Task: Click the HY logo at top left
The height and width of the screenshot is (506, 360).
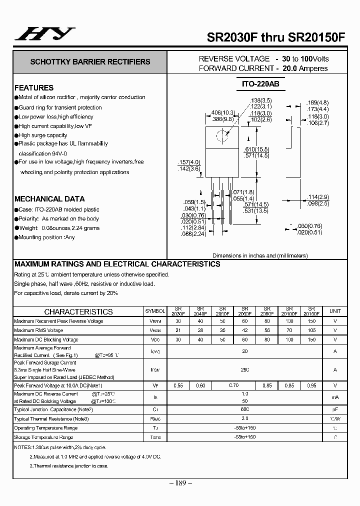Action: click(x=44, y=33)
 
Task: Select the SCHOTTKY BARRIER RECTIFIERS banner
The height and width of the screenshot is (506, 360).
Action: click(x=90, y=62)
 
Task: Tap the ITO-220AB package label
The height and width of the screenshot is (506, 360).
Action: click(x=256, y=84)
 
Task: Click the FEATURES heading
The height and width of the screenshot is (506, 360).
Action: click(x=34, y=87)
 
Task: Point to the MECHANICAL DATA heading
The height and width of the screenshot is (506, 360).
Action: click(x=49, y=198)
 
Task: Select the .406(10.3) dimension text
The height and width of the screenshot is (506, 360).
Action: click(x=221, y=112)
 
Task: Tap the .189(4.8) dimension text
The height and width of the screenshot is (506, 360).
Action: click(x=317, y=103)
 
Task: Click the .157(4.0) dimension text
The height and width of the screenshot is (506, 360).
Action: click(x=189, y=162)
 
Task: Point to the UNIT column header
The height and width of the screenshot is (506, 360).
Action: click(x=335, y=311)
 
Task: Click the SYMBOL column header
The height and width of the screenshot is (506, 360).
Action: click(x=155, y=311)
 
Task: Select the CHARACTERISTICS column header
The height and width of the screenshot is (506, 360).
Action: click(x=78, y=311)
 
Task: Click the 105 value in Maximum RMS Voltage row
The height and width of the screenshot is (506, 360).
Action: click(x=311, y=330)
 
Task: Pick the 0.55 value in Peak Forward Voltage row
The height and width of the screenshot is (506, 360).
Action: click(x=178, y=385)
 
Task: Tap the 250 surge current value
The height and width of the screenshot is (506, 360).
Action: click(x=245, y=369)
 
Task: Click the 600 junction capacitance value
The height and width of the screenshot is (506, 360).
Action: click(x=245, y=409)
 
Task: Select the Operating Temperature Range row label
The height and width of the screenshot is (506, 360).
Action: click(x=46, y=428)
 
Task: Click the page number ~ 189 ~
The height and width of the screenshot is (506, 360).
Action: click(x=180, y=482)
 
